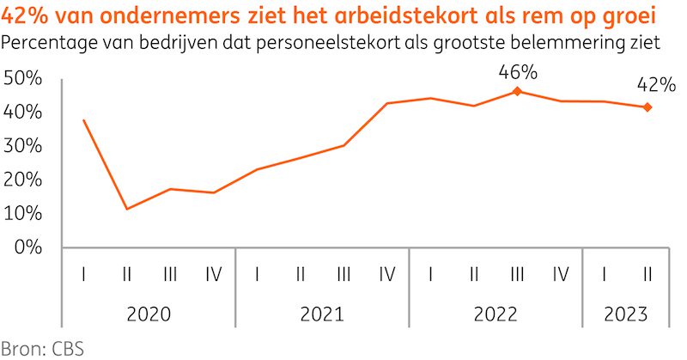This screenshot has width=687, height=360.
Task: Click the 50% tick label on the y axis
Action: click(x=23, y=78)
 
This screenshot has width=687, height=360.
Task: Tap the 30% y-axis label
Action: click(x=23, y=146)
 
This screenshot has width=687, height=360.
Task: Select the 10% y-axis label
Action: click(x=23, y=214)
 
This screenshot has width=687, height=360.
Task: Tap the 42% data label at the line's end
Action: click(x=655, y=85)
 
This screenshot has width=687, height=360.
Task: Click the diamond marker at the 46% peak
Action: click(x=517, y=91)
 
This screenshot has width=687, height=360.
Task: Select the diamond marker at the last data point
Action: click(x=647, y=107)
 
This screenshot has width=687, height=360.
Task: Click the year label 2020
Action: click(x=149, y=314)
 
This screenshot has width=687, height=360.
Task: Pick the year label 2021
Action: click(x=322, y=314)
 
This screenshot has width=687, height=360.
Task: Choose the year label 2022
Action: click(x=495, y=314)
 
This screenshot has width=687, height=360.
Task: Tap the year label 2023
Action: click(x=625, y=314)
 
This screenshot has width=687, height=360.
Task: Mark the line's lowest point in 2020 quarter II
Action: click(x=127, y=209)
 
